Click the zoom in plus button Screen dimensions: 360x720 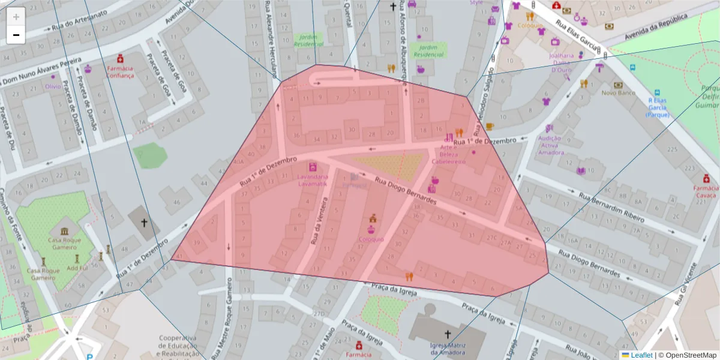pos(16,16)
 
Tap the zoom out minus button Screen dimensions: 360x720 pos(16,34)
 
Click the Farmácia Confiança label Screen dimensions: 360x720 pos(120,72)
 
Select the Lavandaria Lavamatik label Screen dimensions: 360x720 pos(313,180)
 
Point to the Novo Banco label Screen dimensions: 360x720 pos(618,92)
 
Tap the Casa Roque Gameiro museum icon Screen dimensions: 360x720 pos(64,231)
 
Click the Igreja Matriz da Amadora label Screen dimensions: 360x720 pos(448,349)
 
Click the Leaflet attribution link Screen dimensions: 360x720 pos(641,355)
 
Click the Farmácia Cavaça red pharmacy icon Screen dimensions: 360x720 pos(706,179)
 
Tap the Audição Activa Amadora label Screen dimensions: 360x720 pos(551,145)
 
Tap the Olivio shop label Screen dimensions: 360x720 pos(53,85)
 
